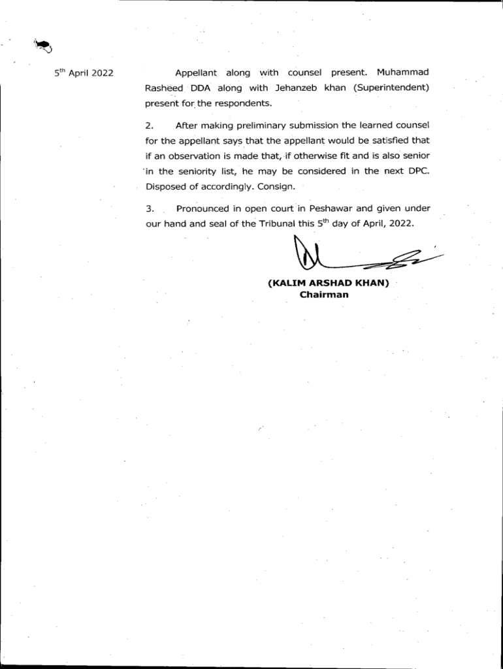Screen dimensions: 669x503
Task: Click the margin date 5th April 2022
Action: [84, 73]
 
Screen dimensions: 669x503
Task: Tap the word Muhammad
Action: [402, 72]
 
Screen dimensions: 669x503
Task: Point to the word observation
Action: [196, 156]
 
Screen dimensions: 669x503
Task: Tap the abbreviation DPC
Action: [416, 171]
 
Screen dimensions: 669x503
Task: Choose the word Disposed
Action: [166, 186]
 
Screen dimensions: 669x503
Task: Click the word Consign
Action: [278, 186]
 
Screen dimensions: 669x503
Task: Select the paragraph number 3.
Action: [149, 209]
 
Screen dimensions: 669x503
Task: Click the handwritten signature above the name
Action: [353, 257]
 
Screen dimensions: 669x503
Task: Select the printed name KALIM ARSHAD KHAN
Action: [329, 284]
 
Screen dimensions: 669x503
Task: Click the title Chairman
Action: [324, 295]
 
